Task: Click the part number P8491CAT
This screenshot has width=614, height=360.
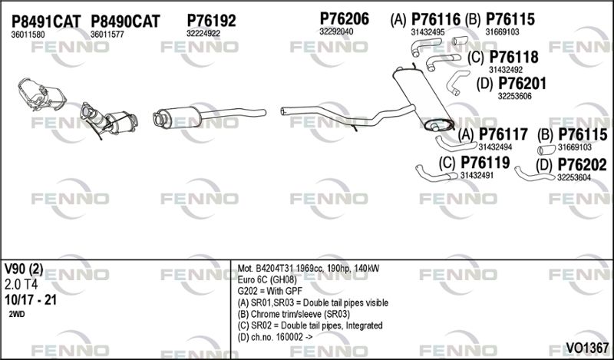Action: point(46,21)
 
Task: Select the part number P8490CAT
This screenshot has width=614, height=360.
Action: point(125,21)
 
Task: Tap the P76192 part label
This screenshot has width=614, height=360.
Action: point(212,21)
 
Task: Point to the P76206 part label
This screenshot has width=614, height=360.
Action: point(344,18)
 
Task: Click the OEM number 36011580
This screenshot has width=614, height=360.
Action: point(28,35)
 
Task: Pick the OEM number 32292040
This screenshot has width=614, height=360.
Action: point(336,31)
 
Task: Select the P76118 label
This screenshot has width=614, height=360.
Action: point(513,58)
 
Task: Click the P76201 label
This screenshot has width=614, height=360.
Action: point(522,84)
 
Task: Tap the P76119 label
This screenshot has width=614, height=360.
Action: point(485,163)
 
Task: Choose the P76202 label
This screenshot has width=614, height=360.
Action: point(582,165)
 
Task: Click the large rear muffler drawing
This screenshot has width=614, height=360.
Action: point(424,99)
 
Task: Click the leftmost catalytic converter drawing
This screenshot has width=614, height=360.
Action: point(41,95)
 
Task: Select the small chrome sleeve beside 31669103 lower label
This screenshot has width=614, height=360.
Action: point(546,150)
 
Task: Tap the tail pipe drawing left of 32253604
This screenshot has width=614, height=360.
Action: point(534,174)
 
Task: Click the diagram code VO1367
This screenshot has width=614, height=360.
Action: point(587,348)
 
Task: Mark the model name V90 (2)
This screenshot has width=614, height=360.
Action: point(24,269)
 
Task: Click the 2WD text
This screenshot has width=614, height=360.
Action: point(16,314)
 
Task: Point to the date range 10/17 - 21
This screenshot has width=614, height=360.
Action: point(30,300)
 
